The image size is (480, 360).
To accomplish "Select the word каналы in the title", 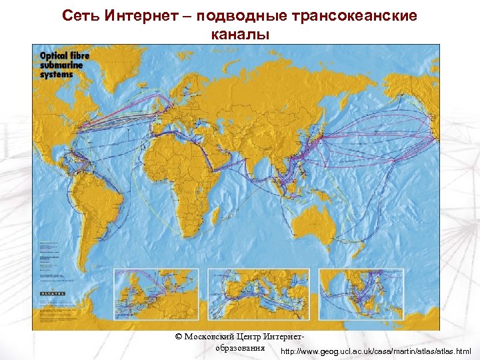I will [240, 34].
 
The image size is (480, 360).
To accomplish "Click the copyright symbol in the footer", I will [178, 337].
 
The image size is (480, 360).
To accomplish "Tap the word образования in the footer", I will [241, 348].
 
